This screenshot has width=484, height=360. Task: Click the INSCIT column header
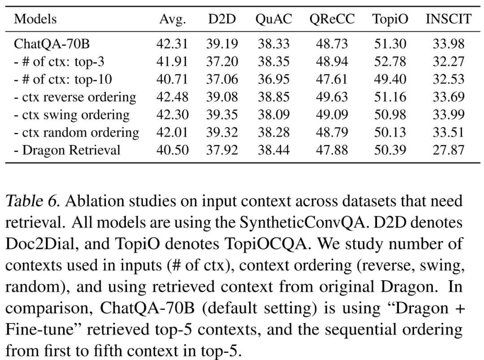448,19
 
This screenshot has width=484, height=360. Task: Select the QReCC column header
332,19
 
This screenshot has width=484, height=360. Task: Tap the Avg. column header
172,19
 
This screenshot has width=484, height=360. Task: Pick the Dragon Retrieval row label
67,150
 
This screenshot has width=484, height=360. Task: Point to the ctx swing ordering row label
71,115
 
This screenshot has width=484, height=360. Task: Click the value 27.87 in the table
448,150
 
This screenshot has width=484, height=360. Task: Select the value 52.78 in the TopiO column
390,62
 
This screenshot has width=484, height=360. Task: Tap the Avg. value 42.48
172,97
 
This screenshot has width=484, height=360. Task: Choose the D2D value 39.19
222,44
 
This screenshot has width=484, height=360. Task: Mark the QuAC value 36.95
273,79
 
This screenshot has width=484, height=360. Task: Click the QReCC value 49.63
332,97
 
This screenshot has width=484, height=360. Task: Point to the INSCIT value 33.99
448,115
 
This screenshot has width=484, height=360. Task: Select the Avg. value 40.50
172,150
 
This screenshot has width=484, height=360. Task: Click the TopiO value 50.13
390,132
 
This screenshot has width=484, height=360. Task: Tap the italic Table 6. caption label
32,201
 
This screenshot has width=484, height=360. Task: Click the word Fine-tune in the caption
43,330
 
